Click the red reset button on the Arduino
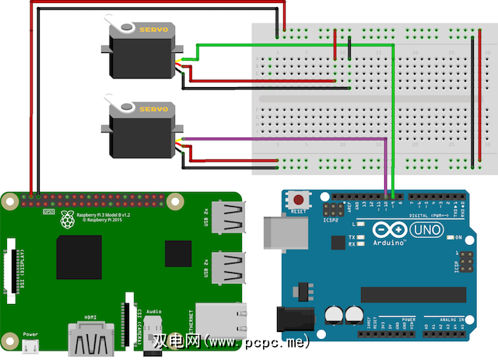point(296,198)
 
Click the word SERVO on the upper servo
point(153,29)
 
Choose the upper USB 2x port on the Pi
point(226,218)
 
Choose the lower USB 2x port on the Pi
point(226,266)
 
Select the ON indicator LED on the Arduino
point(449,237)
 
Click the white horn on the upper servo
point(122,29)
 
